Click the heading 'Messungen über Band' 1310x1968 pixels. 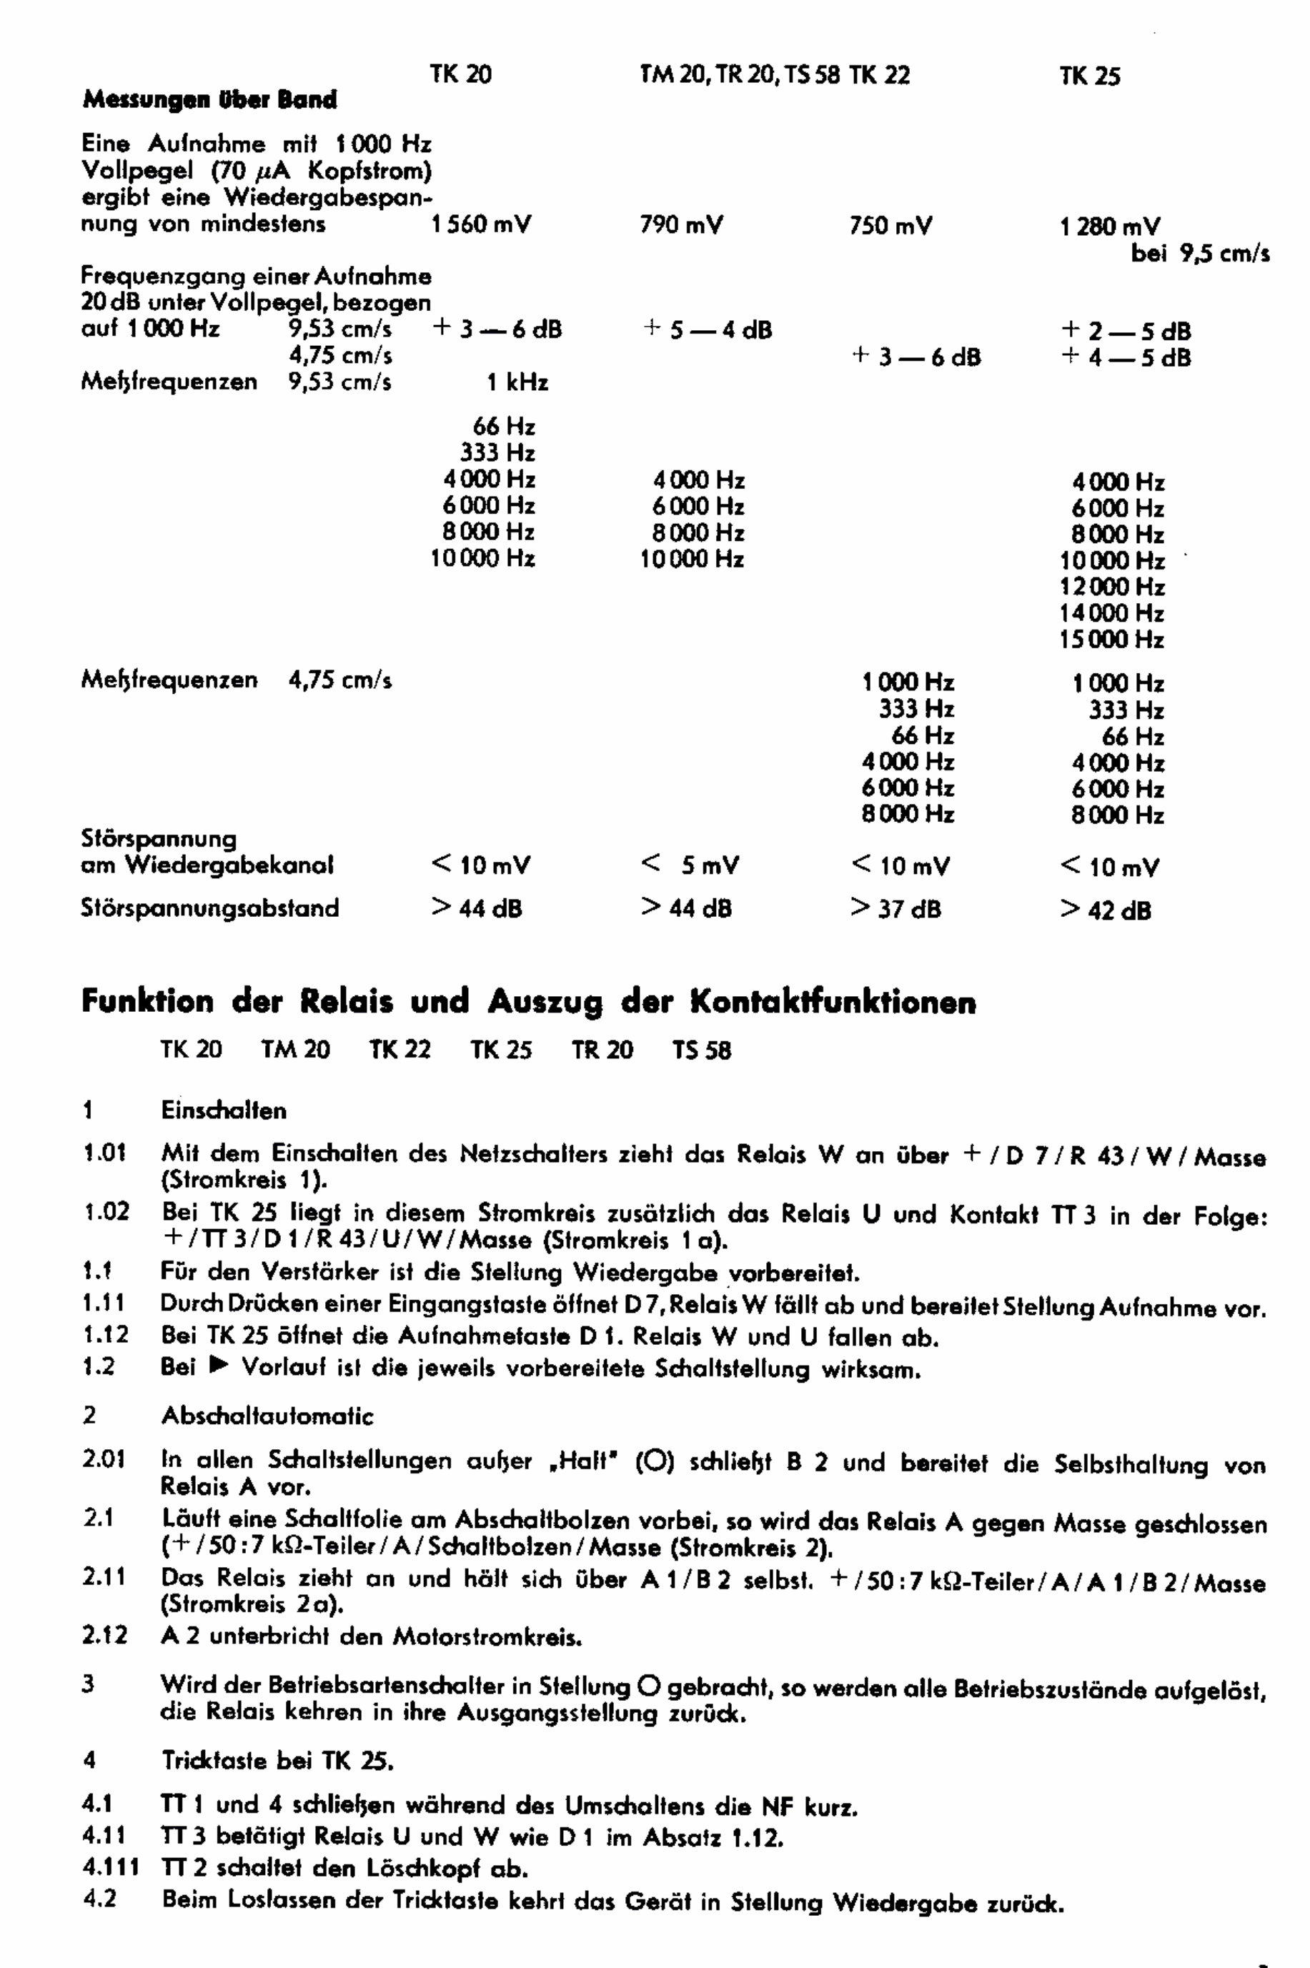pyautogui.click(x=209, y=101)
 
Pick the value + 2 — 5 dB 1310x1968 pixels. pyautogui.click(x=1126, y=331)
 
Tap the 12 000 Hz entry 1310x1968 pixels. pyautogui.click(x=1111, y=587)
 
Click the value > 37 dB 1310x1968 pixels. pyautogui.click(x=895, y=909)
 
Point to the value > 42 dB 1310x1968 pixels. pyautogui.click(x=1106, y=910)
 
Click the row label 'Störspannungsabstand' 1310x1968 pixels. pyautogui.click(x=209, y=908)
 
